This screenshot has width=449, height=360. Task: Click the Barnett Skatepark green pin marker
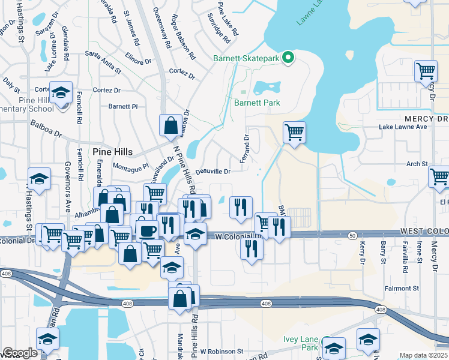288,58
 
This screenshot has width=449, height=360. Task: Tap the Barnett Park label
257,103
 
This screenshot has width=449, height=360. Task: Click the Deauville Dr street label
213,172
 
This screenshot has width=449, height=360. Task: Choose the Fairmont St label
402,289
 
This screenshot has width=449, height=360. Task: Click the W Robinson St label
221,351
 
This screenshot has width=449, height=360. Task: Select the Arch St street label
417,164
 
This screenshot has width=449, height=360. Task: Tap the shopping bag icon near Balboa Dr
171,125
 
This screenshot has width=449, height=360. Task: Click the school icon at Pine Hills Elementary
61,92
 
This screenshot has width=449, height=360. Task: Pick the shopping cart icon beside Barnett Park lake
294,132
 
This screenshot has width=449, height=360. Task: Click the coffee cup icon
147,229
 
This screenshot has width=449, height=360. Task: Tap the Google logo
20,353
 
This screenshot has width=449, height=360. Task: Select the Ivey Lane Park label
301,343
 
